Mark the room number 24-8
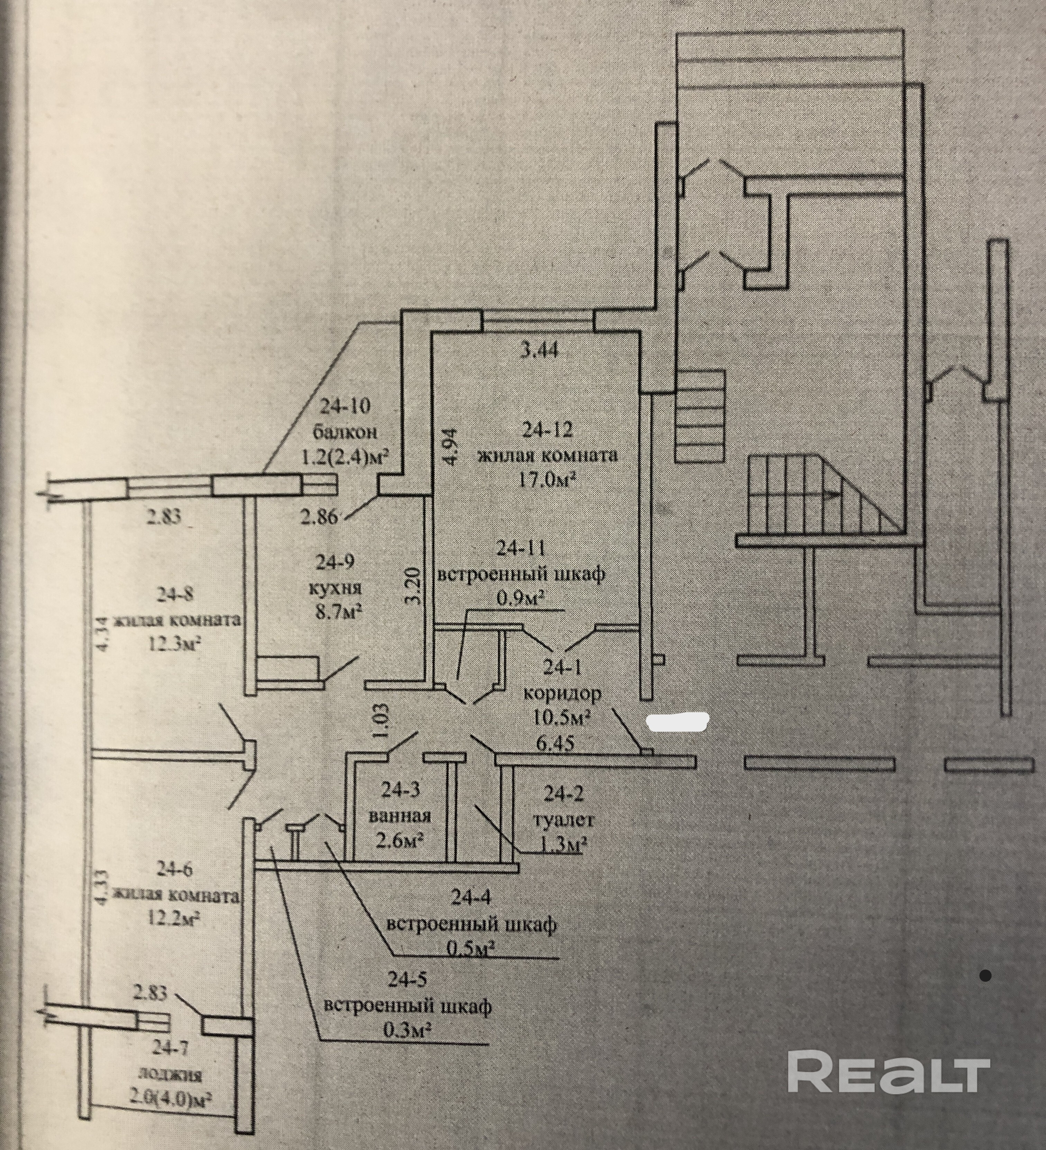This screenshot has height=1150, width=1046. coord(175,594)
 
